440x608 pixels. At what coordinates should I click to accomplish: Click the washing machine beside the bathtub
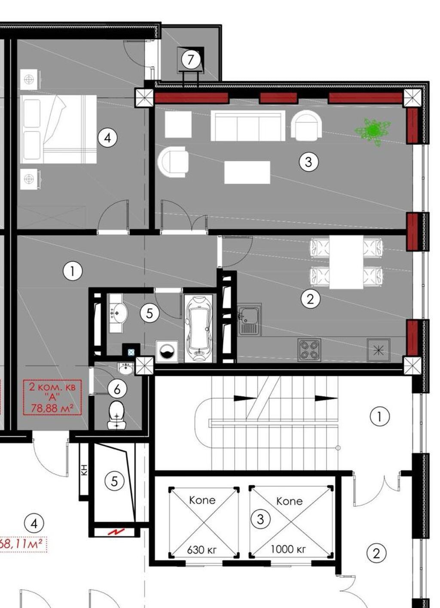click(x=167, y=352)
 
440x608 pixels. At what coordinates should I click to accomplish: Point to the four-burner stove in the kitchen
click(x=309, y=350)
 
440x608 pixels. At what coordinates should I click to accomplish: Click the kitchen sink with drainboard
click(x=249, y=320)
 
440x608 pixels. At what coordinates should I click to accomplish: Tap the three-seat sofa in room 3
click(x=248, y=126)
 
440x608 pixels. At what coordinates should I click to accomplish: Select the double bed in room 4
click(x=58, y=129)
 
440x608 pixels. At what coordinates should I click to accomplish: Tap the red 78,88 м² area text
click(x=52, y=408)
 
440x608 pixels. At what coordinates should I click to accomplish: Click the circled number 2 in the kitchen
click(x=310, y=299)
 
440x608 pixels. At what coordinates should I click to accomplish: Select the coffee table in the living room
click(x=247, y=172)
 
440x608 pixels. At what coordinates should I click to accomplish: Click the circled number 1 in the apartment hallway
click(x=73, y=271)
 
